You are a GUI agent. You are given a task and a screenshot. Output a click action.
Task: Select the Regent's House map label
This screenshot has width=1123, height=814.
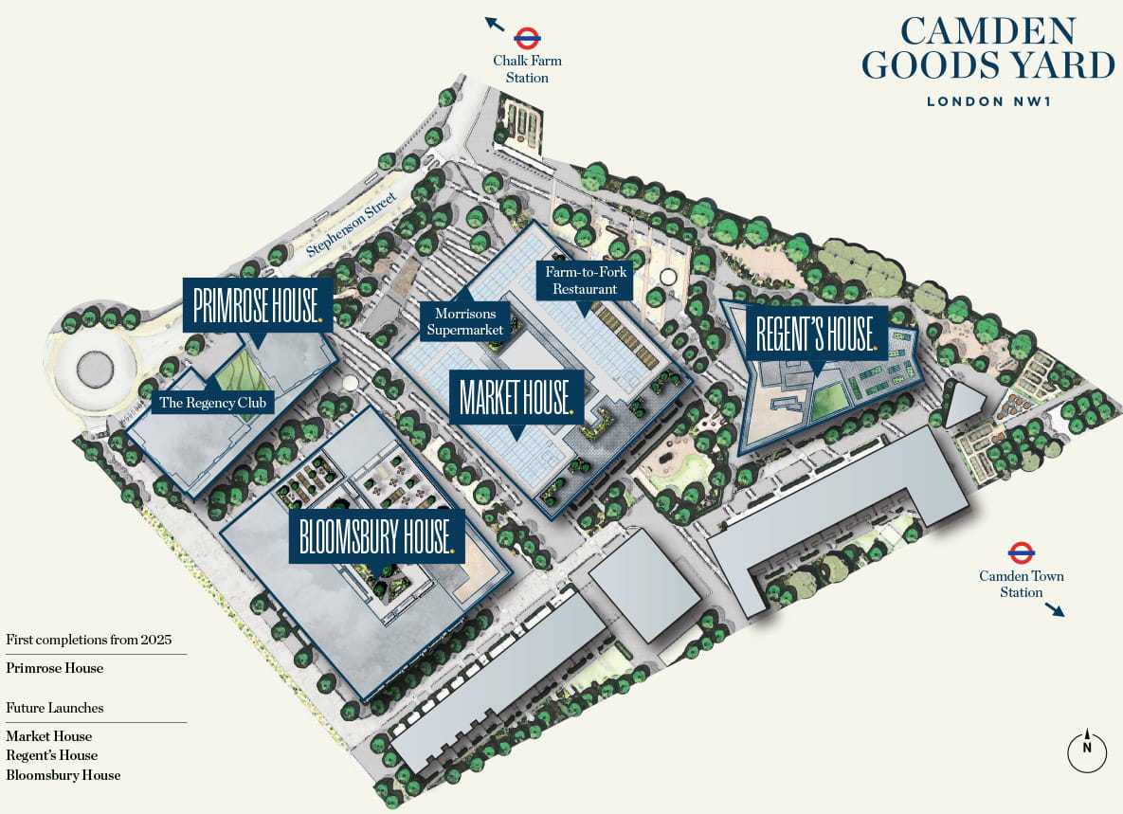(815, 333)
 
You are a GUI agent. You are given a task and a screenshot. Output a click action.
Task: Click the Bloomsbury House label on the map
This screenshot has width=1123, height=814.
(376, 536)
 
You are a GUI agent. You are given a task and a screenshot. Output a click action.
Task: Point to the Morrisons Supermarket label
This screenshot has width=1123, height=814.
(464, 321)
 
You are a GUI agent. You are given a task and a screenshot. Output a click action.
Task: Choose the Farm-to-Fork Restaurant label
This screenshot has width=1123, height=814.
(586, 280)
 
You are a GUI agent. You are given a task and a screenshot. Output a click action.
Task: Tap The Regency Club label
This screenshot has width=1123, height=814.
(216, 403)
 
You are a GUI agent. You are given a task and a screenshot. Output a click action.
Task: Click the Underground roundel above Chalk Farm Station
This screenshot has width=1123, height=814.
(527, 39)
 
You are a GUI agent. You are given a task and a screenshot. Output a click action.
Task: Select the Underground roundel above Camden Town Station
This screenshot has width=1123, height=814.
(1021, 552)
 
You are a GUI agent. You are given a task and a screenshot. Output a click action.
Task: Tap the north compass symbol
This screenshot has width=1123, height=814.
(1087, 750)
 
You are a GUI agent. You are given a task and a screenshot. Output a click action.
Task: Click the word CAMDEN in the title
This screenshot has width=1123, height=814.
(988, 31)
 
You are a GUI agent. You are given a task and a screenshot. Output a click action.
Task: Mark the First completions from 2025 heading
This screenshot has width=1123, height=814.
(89, 640)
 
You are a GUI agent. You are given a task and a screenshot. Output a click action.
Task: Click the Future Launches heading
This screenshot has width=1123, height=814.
(55, 708)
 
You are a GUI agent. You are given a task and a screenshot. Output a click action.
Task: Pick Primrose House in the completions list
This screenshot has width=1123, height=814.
(55, 668)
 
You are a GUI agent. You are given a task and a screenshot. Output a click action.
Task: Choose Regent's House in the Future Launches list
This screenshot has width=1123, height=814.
(52, 755)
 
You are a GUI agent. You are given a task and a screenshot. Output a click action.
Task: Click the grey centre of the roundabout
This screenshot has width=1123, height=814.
(96, 366)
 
